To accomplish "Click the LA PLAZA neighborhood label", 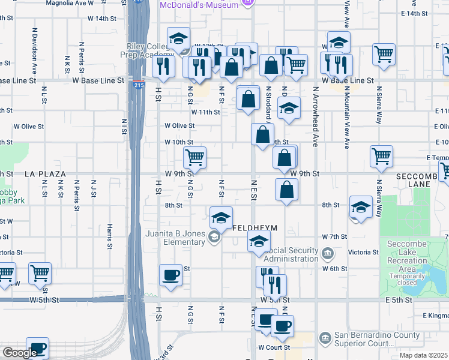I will [46, 174].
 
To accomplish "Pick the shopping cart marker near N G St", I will [194, 158].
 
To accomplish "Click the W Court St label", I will [274, 347].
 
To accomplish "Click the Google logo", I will [19, 353].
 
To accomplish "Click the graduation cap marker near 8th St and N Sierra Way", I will [360, 208].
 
